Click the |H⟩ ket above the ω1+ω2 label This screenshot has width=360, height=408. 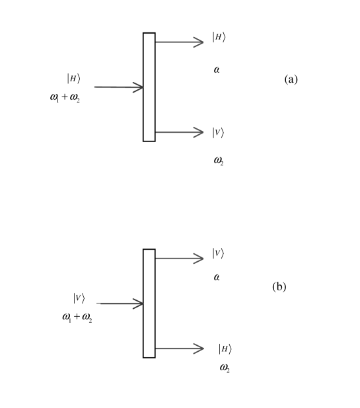point(73,78)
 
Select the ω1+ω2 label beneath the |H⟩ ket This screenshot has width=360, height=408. point(64,98)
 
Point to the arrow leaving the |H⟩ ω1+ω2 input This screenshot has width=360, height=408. point(118,87)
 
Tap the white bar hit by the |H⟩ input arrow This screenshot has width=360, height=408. point(149,87)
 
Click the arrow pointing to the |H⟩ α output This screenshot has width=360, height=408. point(179,42)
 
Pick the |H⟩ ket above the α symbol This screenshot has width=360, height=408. point(219,37)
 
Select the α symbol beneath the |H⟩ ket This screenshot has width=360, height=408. point(217,69)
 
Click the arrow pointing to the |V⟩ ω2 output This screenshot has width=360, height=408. point(179,132)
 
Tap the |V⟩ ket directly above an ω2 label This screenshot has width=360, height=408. point(218,132)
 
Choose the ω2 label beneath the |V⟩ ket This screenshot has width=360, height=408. point(219,160)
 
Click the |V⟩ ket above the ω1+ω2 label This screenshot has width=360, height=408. point(79,298)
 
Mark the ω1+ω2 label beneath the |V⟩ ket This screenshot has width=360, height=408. point(77,317)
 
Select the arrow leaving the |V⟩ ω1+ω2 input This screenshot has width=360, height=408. point(122,304)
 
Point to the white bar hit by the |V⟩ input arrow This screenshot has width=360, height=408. point(149,304)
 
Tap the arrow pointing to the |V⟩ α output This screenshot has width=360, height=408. point(179,259)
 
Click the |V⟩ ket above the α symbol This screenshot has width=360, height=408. point(218,253)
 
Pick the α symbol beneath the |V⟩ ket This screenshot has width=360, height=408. point(217,278)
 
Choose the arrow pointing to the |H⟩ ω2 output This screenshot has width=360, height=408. point(179,348)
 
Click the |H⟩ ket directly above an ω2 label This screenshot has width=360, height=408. point(225,348)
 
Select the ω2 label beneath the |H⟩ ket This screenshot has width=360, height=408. point(225,368)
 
